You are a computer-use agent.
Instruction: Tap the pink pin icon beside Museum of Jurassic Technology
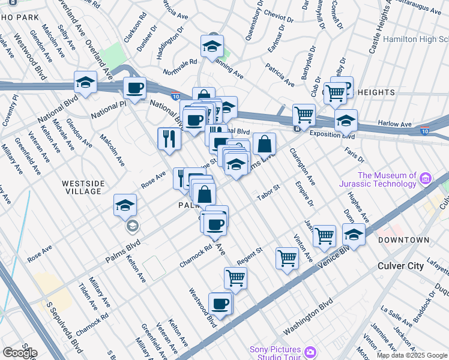[x=426, y=178]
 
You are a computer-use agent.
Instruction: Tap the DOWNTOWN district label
[x=403, y=240]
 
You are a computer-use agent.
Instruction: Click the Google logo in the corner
[x=20, y=353]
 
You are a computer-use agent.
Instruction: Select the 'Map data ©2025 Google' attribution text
[x=411, y=355]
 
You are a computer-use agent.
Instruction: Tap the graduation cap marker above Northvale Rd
[x=212, y=46]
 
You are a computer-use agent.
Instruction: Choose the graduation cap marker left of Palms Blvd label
[x=125, y=206]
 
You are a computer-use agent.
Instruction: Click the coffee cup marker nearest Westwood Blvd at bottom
[x=220, y=304]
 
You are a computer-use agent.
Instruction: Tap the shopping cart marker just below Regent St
[x=235, y=278]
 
